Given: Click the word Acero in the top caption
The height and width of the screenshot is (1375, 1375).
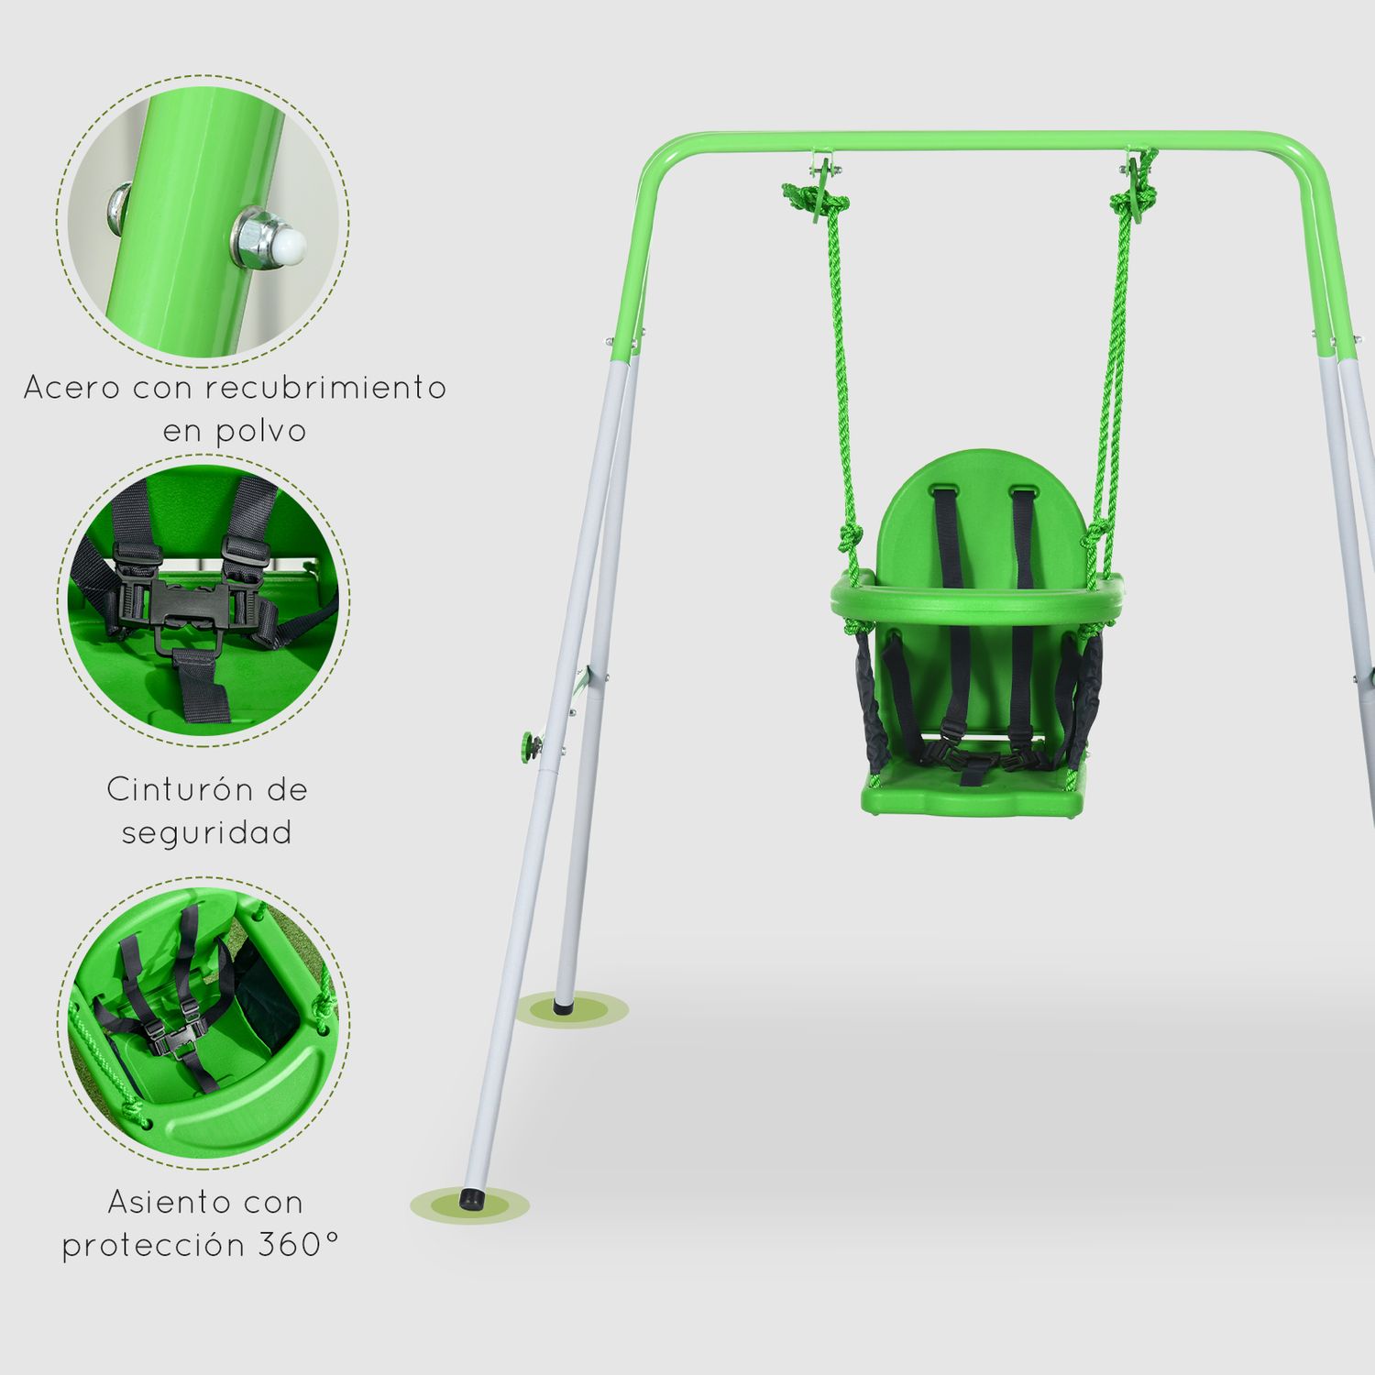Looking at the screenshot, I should coord(71,388).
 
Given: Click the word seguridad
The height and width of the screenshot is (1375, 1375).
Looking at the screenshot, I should coord(207,832).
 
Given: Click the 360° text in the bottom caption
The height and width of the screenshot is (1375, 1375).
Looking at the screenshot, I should coord(298,1245).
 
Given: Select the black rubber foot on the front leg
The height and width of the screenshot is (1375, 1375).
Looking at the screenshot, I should coord(473,1198).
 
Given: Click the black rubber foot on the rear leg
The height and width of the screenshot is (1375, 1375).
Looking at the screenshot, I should coord(561,1006).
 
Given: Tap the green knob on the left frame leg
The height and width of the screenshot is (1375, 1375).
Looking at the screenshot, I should coord(530,746).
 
